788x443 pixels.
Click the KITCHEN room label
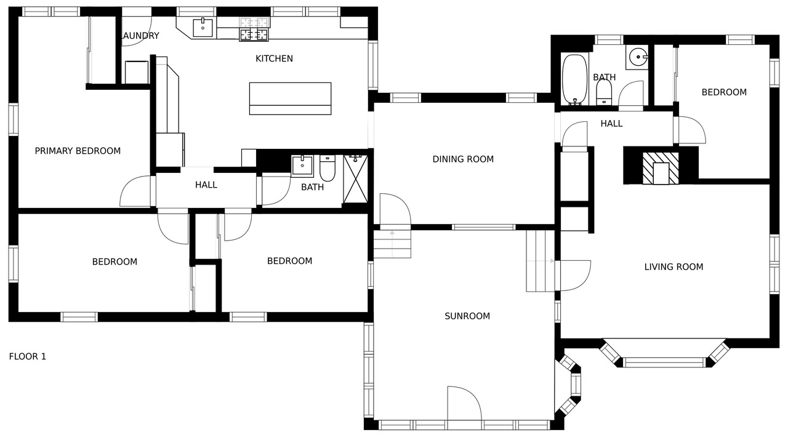(274, 58)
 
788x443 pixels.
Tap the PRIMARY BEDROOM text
(78, 151)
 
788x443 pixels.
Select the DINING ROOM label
(463, 159)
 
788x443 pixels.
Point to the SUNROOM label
(467, 316)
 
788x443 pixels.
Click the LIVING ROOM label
(673, 267)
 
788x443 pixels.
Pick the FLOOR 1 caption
(28, 356)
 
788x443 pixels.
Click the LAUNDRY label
(140, 36)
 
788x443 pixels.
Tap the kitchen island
(290, 98)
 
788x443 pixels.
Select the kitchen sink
(203, 28)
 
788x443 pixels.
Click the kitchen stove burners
(254, 29)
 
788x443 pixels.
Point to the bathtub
(574, 79)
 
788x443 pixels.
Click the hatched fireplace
(661, 168)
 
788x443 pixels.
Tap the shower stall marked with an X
(355, 179)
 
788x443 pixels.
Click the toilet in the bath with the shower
(328, 169)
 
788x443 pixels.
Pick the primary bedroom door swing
(135, 191)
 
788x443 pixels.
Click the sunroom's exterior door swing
(464, 403)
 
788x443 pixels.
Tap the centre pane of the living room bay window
(664, 362)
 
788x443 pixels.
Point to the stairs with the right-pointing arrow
(541, 261)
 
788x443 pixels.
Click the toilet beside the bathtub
(605, 92)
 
